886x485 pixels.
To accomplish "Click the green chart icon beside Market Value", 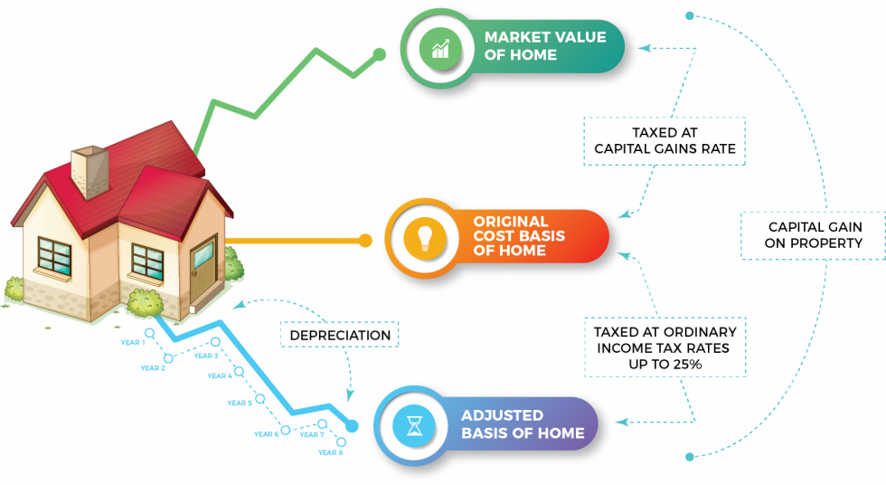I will coord(440,47).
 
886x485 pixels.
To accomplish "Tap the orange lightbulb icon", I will coord(423,237).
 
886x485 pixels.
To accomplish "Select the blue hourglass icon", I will coord(415,424).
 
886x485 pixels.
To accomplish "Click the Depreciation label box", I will coord(340,335).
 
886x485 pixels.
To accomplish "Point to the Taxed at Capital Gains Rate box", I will coord(664,141).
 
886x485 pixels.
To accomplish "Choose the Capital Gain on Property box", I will coord(815,235).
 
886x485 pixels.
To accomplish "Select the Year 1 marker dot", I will coord(149,332).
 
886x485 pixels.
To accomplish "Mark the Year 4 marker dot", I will coord(239,371).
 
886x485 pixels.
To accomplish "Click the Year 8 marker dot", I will coord(340,441).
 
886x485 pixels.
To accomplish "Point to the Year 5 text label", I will coord(240,403).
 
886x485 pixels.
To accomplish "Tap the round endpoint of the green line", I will coord(381,54).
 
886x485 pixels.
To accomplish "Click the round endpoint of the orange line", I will coord(364,240).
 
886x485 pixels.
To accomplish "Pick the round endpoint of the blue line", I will coord(353,425).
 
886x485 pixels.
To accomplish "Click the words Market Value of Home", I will coord(533,46).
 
